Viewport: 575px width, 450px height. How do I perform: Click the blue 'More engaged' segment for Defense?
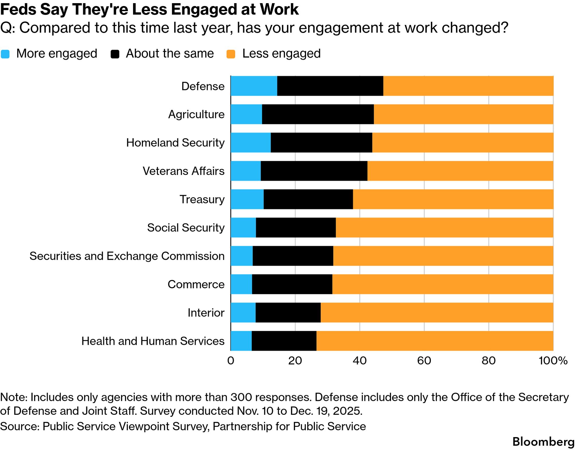coord(254,86)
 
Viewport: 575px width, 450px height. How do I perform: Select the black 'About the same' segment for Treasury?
coord(308,199)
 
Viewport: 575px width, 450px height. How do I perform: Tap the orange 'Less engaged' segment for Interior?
coord(437,313)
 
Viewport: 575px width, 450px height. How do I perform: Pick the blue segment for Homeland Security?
coord(251,143)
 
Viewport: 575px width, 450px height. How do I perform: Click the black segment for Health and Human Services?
coord(284,341)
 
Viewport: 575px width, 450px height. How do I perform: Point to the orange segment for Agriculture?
coord(463,114)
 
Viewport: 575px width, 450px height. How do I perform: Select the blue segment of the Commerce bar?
coord(241,284)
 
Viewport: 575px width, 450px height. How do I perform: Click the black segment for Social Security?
coord(296,227)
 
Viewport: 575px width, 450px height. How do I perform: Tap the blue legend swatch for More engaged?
coord(5,54)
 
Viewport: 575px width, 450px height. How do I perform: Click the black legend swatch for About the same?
coord(115,54)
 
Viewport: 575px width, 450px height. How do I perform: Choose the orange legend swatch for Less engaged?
coord(231,54)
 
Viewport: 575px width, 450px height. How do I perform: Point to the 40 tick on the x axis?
coord(359,361)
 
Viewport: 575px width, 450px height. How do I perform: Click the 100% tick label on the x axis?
coord(553,361)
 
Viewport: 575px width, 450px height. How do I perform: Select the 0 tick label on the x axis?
coord(231,361)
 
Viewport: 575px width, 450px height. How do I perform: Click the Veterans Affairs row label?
coord(183,171)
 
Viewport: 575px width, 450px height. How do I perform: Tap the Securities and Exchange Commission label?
coord(127,256)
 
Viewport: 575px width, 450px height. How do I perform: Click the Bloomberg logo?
coord(543,442)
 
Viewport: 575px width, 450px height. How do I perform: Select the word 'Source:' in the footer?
coord(19,426)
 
